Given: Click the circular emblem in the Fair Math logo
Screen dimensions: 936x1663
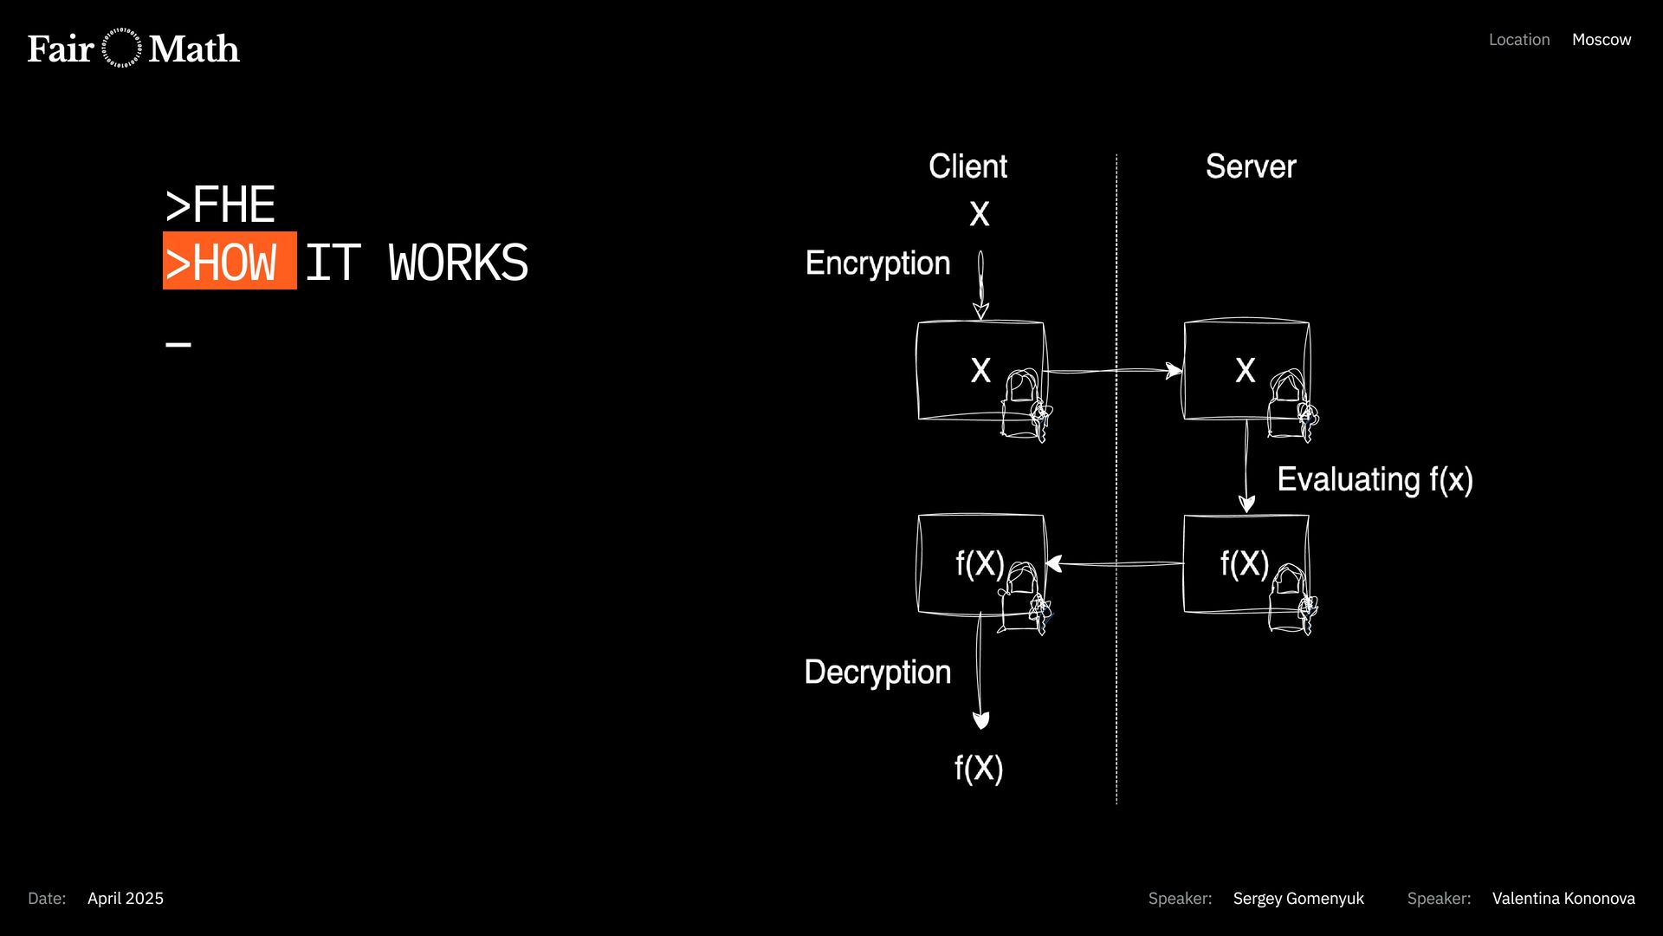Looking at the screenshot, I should point(121,49).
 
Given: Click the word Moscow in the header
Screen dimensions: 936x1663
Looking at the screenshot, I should point(1601,40).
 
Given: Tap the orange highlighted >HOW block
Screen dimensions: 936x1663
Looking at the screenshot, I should point(230,261).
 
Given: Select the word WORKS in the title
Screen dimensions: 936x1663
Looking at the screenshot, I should point(458,263).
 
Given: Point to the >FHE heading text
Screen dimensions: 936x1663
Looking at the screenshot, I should point(220,205).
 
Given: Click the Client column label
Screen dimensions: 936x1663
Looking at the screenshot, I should point(967,166).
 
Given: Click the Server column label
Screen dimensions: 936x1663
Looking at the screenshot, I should point(1250,166).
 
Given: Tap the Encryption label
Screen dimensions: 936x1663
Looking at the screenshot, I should point(877,263).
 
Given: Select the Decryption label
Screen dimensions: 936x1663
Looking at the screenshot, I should point(877,673).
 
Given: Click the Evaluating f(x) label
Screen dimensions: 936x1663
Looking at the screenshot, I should point(1375,479).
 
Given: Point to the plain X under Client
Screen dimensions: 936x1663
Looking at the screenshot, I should point(980,214).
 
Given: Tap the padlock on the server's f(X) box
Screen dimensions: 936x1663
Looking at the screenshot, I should point(1291,599).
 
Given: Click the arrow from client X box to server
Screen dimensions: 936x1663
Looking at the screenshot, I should point(1113,371).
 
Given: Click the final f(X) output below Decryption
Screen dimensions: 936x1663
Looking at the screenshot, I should point(979,769).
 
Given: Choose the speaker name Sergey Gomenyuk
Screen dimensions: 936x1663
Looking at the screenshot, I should point(1297,899).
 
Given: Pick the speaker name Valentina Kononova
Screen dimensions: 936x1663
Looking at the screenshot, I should point(1563,899).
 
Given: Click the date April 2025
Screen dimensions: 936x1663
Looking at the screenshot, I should point(126,899).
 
